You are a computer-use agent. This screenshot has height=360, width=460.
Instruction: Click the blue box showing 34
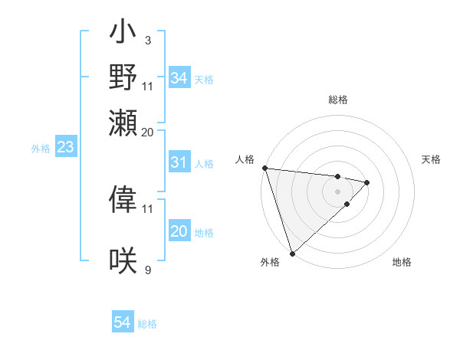pos(179,78)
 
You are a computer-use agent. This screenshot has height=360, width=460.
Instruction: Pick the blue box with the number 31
pos(179,162)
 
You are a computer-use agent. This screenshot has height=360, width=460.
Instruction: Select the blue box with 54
pos(123,322)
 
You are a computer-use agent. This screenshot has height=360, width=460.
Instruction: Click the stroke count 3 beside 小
pos(147,39)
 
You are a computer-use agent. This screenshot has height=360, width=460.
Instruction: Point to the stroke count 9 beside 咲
pos(147,270)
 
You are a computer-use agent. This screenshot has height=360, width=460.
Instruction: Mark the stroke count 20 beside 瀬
pos(147,132)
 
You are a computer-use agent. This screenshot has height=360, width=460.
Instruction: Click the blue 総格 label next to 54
pos(147,324)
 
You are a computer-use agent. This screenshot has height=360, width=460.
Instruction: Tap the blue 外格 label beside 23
pos(40,149)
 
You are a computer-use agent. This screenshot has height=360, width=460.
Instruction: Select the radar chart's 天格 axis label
pos(431,159)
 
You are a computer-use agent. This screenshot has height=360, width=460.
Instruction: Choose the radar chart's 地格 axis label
pos(402,262)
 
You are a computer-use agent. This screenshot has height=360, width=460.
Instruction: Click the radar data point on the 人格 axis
pos(264,168)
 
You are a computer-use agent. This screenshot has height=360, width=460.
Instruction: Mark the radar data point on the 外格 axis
pos(292,253)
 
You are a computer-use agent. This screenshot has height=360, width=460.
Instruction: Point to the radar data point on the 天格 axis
pos(367,182)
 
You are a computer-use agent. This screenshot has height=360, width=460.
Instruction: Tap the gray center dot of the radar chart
pos(337,191)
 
